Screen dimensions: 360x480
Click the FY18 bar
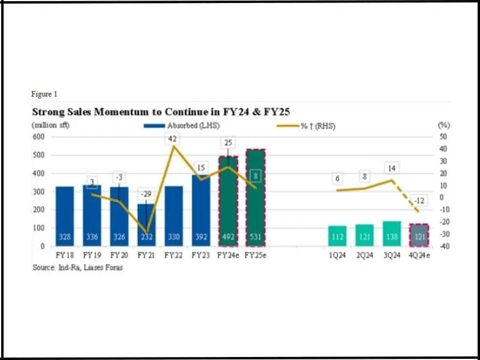64,216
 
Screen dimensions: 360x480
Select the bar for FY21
146,225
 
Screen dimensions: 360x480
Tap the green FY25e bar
255,198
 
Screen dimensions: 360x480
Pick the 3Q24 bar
391,233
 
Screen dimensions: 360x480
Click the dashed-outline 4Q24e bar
419,235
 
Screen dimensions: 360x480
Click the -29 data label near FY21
145,194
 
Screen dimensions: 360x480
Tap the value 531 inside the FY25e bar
255,238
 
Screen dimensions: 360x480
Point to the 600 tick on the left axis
38,137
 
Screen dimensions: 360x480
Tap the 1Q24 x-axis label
337,254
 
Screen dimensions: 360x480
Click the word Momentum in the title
112,112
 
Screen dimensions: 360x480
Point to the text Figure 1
44,94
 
